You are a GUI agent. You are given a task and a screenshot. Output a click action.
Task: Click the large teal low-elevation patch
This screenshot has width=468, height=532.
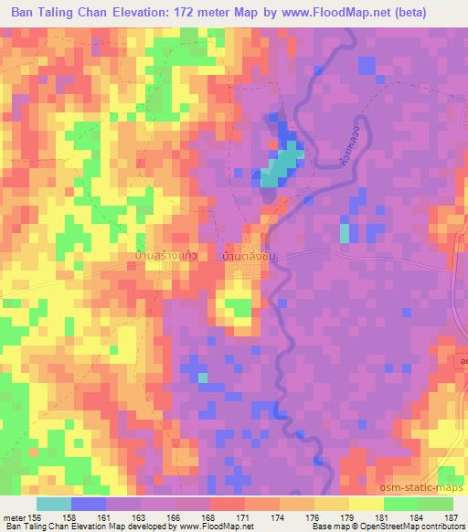282,166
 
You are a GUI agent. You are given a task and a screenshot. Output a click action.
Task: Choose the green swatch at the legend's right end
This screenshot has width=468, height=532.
435,504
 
